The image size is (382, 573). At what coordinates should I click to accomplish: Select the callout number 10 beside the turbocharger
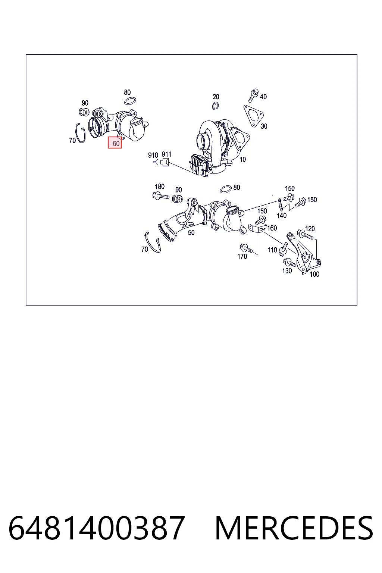(x=242, y=159)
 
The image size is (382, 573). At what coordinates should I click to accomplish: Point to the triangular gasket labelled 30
(x=253, y=116)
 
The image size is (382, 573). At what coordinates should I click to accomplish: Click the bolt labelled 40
(x=254, y=95)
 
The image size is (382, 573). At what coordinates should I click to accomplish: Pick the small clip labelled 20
(x=216, y=106)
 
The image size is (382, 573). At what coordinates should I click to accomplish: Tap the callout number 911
(x=166, y=154)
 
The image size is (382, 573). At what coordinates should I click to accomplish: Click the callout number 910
(x=153, y=155)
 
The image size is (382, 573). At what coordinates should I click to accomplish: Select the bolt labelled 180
(x=160, y=196)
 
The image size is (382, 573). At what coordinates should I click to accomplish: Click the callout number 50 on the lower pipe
(x=191, y=232)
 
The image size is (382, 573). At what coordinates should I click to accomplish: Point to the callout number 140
(x=281, y=215)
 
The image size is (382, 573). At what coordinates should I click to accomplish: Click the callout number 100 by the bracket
(x=314, y=274)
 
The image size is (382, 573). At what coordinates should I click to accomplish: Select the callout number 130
(x=287, y=270)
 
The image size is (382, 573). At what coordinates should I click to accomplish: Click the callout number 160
(x=272, y=228)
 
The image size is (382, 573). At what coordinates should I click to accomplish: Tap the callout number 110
(x=272, y=250)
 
